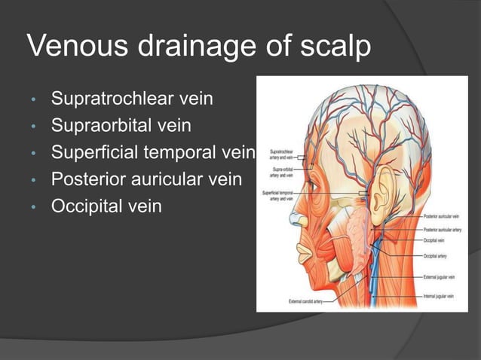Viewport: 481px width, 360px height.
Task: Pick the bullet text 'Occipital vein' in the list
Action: coord(106,206)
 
